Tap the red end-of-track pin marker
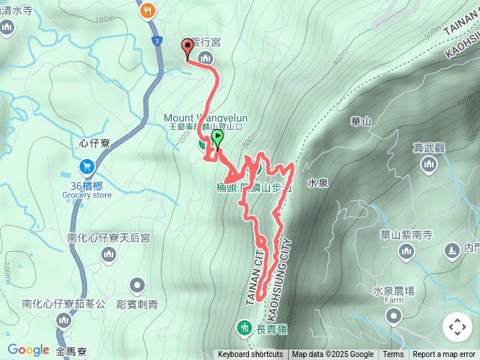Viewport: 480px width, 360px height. point(187,48)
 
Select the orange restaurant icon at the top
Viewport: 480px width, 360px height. point(147,10)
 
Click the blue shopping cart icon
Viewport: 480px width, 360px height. point(86,166)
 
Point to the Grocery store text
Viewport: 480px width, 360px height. point(86,195)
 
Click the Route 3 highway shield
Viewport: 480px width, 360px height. point(155,40)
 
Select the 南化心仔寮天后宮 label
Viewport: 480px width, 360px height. point(109,237)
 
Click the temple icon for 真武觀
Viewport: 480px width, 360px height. point(429,166)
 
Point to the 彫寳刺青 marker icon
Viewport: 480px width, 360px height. point(136,285)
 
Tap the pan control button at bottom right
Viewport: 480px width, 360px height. point(457,327)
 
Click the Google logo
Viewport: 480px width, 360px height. point(28,349)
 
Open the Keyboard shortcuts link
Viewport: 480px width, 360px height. point(250,355)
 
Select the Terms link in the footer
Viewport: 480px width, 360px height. point(393,355)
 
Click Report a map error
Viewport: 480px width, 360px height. point(444,355)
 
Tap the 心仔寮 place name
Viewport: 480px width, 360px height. point(94,141)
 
